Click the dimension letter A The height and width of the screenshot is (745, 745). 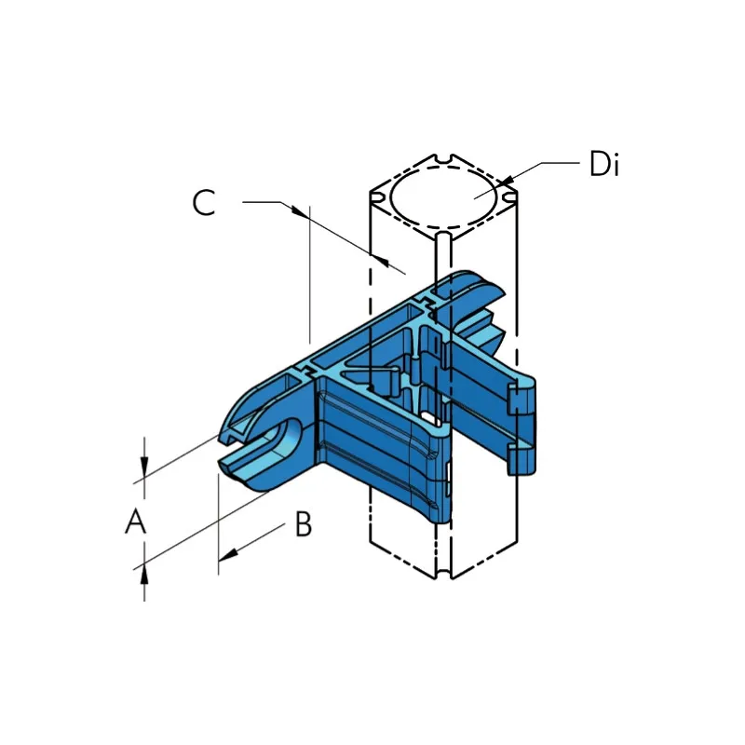point(135,521)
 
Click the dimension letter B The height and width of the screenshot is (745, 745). point(304,524)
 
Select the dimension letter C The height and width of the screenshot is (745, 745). point(204,202)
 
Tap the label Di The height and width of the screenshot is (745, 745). point(603,164)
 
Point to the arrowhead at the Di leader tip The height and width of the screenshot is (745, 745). point(506,182)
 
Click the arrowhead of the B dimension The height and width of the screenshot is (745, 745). point(227,554)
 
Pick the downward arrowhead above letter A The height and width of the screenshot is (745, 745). point(144,467)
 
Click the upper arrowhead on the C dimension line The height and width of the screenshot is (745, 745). point(300,212)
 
